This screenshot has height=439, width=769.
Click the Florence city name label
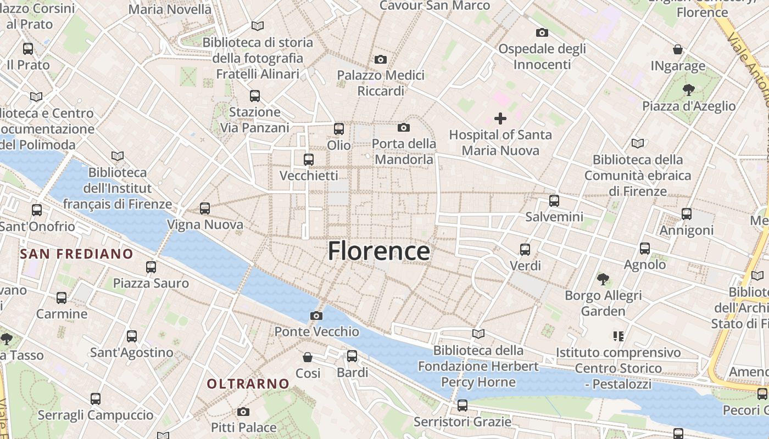(379, 251)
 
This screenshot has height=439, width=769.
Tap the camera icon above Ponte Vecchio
(316, 316)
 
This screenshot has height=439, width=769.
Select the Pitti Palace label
(244, 427)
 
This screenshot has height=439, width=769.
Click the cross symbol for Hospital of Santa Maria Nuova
(500, 118)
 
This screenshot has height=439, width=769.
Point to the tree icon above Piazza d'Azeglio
(688, 89)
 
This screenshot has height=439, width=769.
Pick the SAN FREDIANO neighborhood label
(76, 254)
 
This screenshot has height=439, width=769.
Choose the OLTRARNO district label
(248, 384)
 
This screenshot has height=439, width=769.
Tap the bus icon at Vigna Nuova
(205, 209)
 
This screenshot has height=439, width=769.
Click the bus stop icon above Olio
(339, 129)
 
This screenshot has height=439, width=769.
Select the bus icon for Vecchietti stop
(309, 160)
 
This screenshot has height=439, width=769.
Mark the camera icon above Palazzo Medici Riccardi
(381, 59)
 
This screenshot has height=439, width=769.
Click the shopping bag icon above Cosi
(308, 357)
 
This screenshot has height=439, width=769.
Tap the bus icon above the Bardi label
(352, 356)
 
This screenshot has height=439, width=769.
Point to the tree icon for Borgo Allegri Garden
(603, 279)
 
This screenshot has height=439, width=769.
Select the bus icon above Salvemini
(554, 200)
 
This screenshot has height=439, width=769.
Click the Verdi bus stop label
(526, 266)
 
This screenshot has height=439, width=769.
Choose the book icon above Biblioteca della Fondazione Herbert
(478, 334)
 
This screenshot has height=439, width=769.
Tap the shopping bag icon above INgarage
(678, 49)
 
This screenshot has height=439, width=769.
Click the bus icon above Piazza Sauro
(151, 267)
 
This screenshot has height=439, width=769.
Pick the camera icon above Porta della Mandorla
(404, 128)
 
